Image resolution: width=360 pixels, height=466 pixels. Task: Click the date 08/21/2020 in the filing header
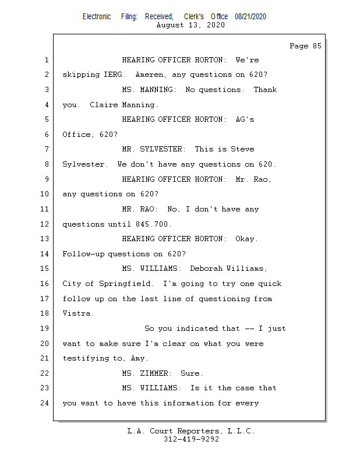[x=250, y=17]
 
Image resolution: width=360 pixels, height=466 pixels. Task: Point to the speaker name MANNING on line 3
[x=158, y=90]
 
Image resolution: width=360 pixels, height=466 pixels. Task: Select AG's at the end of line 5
[x=245, y=119]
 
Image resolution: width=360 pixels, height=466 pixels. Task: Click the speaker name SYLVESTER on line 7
[x=163, y=149]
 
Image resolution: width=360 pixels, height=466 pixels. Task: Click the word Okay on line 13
[x=246, y=239]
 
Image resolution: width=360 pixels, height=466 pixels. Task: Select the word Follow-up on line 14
[x=83, y=254]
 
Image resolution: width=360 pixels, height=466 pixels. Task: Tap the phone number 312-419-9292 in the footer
[x=191, y=439]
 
